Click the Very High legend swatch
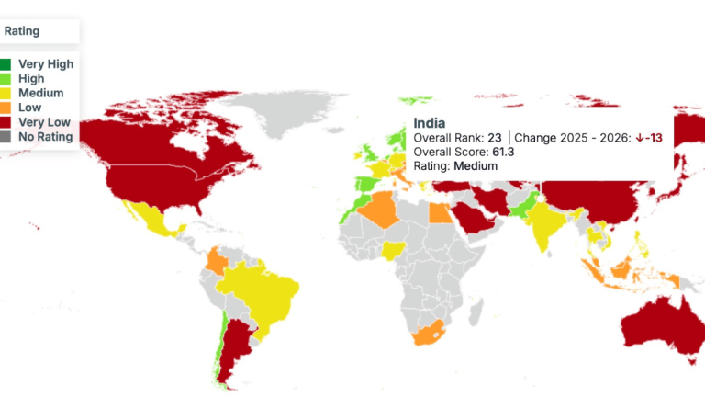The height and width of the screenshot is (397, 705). (x=6, y=64)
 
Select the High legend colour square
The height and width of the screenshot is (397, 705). (x=6, y=79)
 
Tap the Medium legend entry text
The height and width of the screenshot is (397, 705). (x=40, y=93)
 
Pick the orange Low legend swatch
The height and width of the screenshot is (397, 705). (x=6, y=108)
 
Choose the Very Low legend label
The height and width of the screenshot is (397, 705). (x=44, y=122)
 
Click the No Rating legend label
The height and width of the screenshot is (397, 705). (x=45, y=137)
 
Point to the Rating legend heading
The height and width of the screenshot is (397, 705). (x=22, y=30)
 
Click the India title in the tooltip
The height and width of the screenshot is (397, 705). (x=430, y=122)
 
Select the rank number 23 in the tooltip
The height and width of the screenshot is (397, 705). (x=494, y=138)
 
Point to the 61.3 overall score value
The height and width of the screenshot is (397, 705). (x=503, y=152)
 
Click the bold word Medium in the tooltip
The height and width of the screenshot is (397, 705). (x=476, y=166)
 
